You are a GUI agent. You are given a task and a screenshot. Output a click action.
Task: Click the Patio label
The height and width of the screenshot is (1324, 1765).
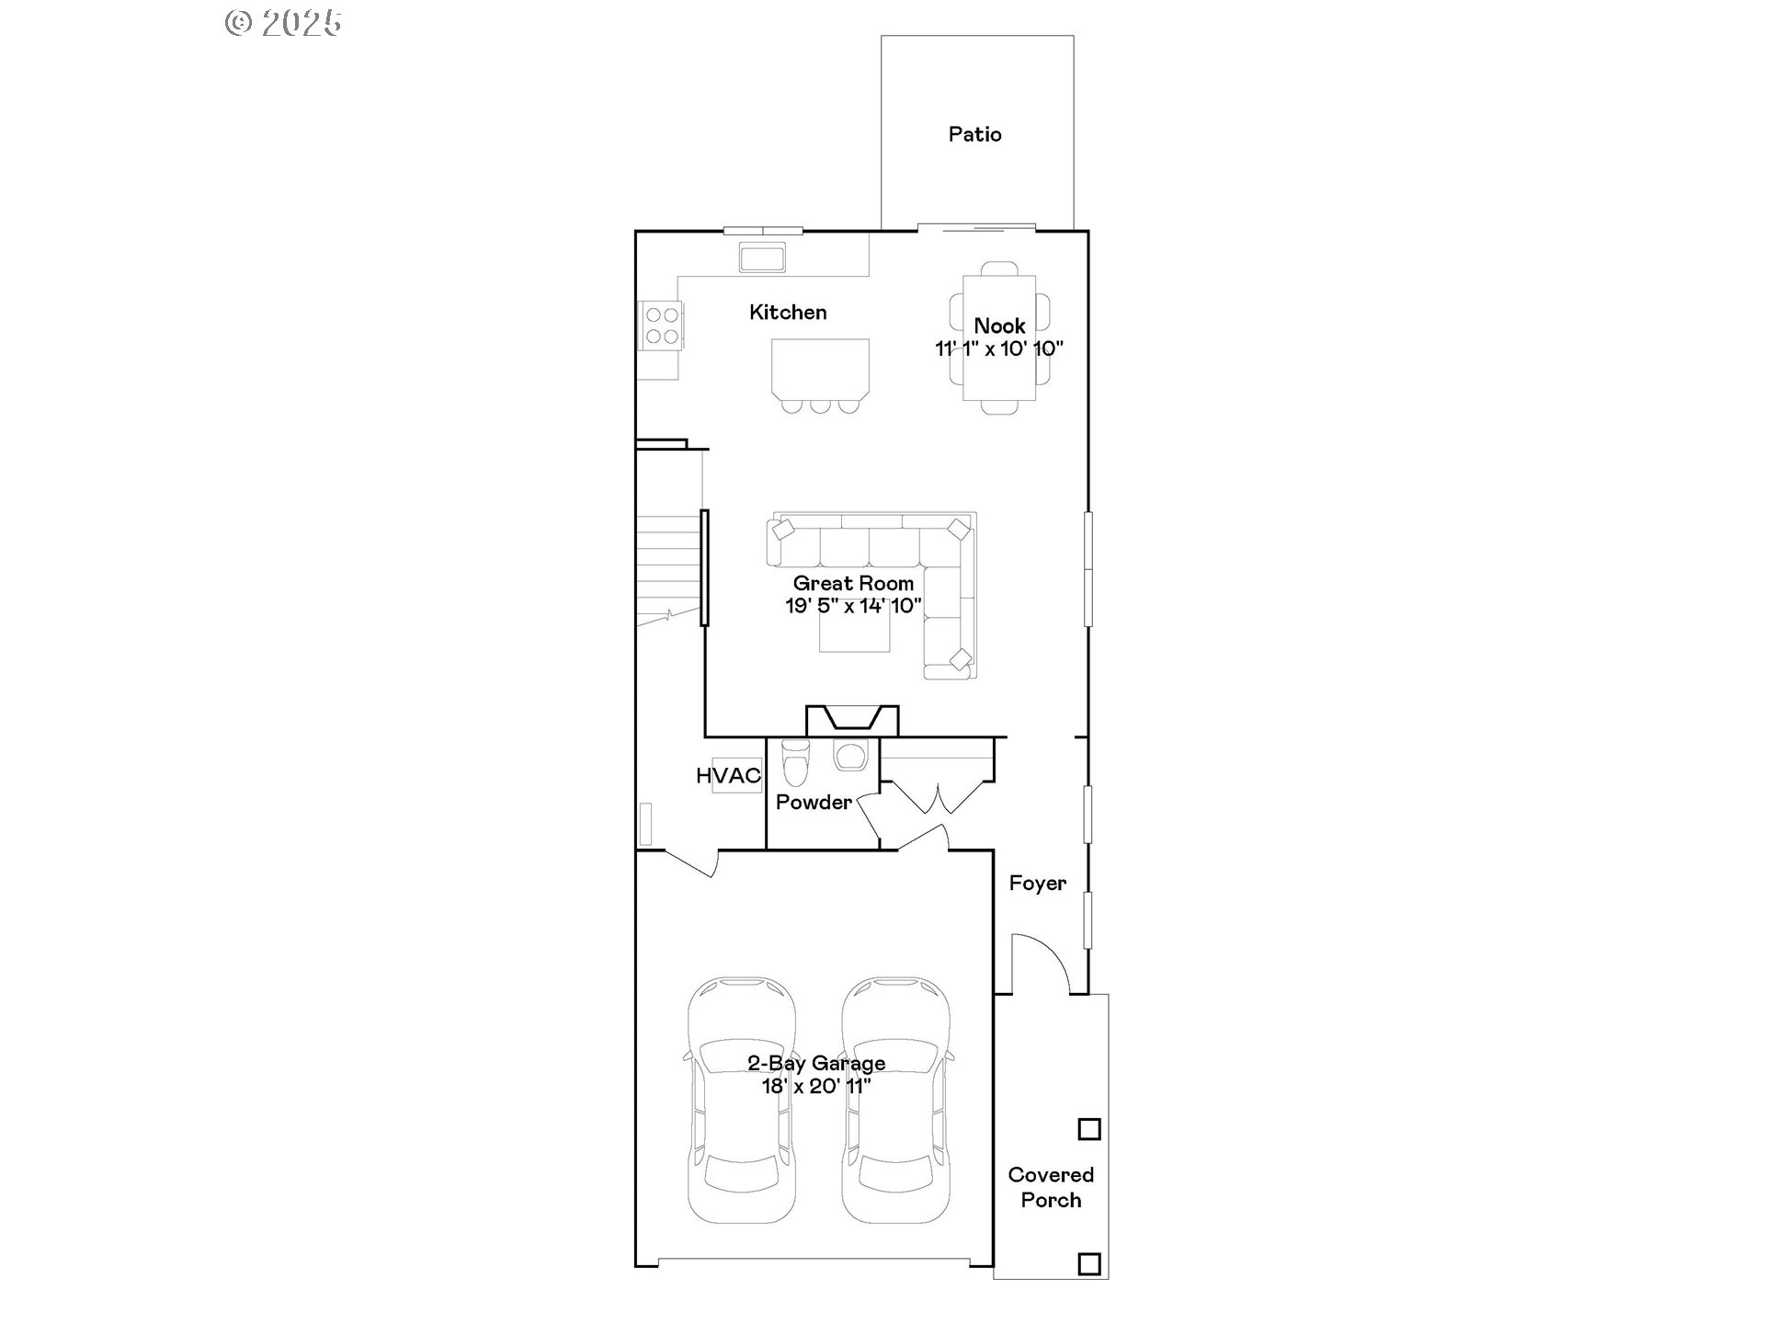point(974,134)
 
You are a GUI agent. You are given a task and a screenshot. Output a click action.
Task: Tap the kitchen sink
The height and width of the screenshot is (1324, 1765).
point(762,257)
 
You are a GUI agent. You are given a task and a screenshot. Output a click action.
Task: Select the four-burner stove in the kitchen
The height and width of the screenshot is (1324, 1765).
point(662,326)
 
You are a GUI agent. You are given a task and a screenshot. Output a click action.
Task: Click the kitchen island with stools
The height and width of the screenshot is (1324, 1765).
point(820,368)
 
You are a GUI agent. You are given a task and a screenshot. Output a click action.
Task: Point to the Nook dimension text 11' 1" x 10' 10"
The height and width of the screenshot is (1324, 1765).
point(999,348)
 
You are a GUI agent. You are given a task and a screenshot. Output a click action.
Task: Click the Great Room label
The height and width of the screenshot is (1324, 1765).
point(853,583)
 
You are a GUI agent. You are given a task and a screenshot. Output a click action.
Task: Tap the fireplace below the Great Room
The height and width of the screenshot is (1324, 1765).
point(852,720)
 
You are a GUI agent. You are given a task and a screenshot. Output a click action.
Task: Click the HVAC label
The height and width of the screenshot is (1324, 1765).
point(728,775)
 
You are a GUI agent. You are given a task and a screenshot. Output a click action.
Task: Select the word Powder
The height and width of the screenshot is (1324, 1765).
point(814,802)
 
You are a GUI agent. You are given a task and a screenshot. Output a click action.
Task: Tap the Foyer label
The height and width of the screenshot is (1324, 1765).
point(1037,883)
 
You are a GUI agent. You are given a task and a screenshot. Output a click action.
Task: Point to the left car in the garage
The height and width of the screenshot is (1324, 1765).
point(741,1101)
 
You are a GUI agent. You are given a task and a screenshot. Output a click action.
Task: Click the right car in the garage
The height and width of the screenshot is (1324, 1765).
point(896,1101)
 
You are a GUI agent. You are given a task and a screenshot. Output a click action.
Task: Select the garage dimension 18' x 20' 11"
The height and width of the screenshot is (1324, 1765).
point(816,1086)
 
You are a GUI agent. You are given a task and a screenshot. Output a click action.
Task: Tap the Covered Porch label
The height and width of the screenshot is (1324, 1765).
point(1051,1187)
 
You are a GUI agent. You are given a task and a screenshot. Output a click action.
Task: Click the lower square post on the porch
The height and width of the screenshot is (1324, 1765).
point(1089,1263)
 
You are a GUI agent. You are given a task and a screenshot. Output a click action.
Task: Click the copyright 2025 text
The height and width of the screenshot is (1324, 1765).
point(284,23)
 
